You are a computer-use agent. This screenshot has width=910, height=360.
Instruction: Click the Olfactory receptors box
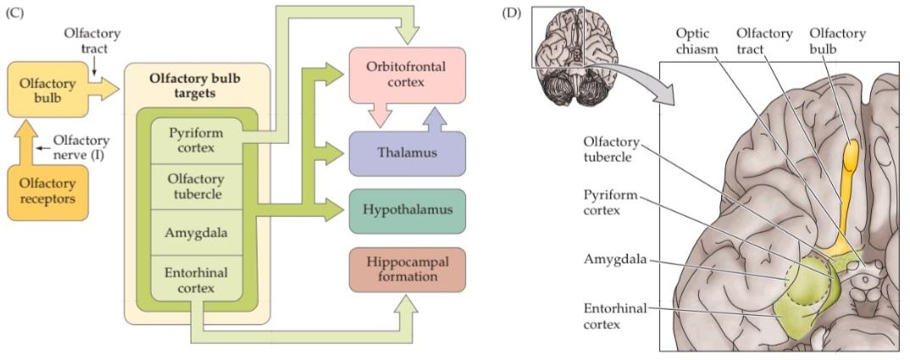47,191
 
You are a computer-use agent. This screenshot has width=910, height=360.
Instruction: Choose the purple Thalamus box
407,153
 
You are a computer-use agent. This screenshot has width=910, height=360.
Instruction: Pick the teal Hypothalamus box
407,210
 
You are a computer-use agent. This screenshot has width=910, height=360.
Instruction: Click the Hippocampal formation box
407,269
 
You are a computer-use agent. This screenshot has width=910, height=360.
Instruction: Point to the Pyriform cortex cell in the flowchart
196,141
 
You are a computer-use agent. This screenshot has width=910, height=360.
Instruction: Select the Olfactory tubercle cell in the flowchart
196,186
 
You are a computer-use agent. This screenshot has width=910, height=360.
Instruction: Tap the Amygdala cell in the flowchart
196,230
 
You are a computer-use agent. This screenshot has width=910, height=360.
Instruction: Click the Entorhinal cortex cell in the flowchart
196,277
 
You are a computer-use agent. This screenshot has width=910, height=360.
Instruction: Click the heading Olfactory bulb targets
197,84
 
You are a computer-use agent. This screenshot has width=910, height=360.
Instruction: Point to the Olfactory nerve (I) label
80,147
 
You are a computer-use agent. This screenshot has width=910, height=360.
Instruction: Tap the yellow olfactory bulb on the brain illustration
849,157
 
